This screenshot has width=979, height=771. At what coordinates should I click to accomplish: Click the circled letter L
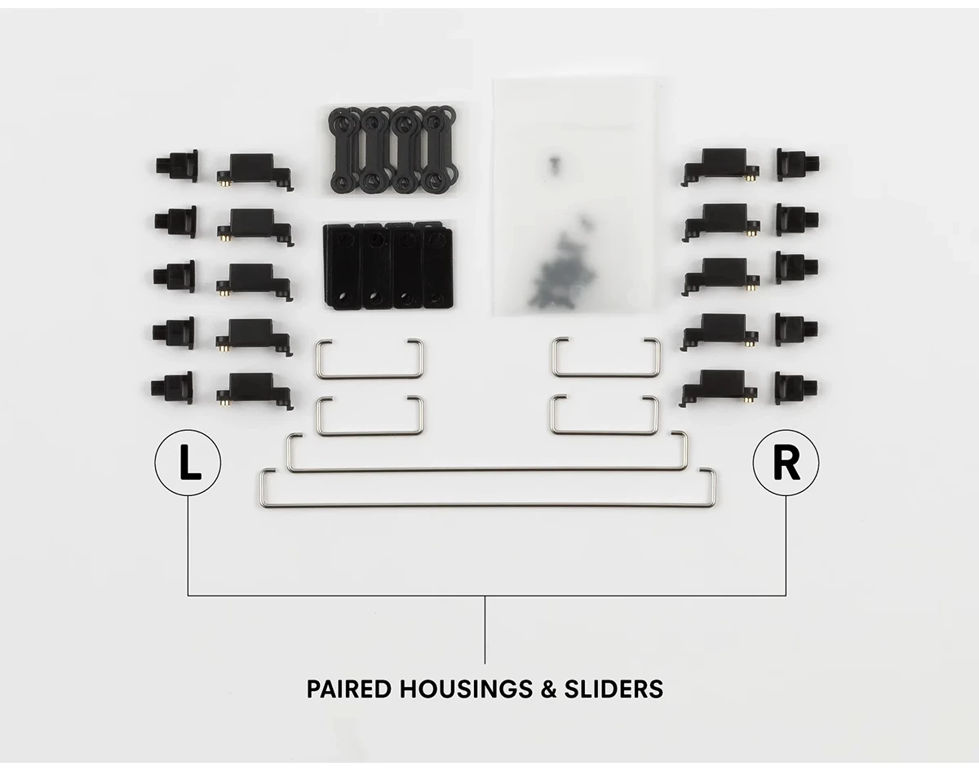coord(189,463)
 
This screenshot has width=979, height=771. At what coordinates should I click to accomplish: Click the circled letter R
coord(786,463)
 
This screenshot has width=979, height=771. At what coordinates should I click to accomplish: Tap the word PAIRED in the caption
coord(349,689)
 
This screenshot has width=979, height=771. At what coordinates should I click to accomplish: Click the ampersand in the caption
coord(549,689)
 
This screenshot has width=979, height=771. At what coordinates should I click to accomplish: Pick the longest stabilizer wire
coord(488,504)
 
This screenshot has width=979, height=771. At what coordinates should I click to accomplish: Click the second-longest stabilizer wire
coord(487,468)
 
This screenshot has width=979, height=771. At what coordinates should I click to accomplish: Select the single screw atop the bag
coord(552,164)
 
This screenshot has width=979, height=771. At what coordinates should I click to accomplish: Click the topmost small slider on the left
coord(175,166)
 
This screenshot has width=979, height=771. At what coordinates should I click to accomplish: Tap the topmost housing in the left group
coord(254,170)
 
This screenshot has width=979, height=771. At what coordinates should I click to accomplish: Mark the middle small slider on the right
coord(797,273)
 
